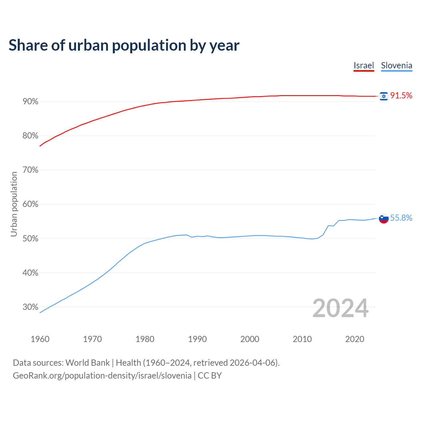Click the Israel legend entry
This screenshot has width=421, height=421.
coord(364,65)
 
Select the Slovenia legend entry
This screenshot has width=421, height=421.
coord(396,65)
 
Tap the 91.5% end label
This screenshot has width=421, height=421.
coord(401,96)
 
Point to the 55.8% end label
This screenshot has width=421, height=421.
coord(401,218)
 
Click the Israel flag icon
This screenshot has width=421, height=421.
coord(384,96)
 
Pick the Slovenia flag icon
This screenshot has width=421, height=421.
coord(384,218)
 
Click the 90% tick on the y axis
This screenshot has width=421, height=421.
coord(30,102)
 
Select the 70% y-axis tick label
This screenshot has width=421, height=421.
coord(30,170)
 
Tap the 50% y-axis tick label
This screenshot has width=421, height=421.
coord(30,238)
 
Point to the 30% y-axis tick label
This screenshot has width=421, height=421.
coord(30,307)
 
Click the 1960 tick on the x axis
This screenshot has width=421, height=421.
coord(40,339)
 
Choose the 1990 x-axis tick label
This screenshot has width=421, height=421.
coord(197,339)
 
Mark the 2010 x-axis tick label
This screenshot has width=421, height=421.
coord(302,339)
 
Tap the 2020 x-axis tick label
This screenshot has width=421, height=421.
coord(355,339)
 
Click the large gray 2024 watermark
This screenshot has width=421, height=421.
coord(340,308)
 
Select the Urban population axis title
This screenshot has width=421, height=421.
coord(14,204)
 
